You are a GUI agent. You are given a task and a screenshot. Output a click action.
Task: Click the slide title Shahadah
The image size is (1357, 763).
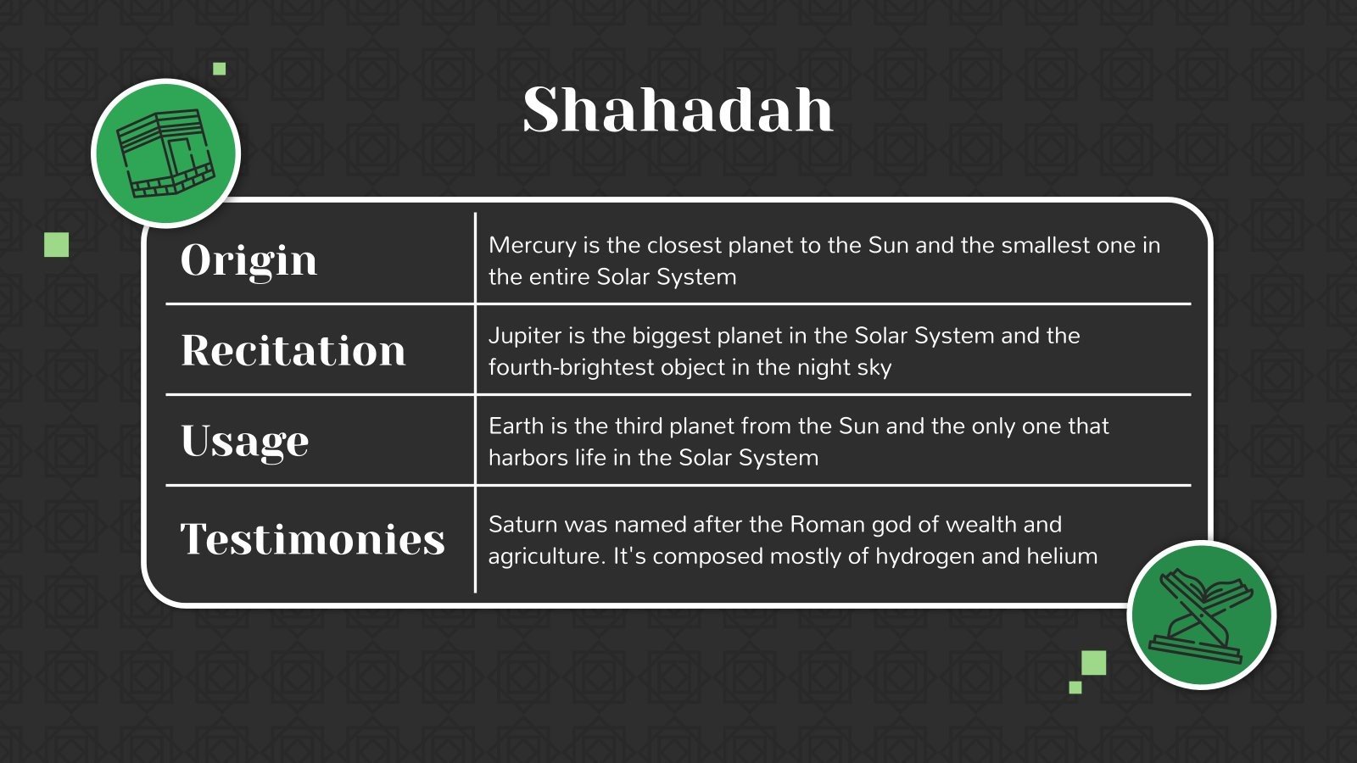tap(678, 110)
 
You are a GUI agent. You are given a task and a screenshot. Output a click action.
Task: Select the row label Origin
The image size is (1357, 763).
tap(249, 259)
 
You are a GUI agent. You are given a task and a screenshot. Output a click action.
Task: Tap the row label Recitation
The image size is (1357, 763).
tap(293, 350)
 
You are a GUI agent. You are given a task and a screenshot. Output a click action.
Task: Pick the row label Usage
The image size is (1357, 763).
tap(244, 441)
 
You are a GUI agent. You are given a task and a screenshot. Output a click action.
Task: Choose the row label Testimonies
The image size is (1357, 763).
tap(312, 539)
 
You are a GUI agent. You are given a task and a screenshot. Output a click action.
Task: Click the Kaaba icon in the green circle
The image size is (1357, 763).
tap(166, 153)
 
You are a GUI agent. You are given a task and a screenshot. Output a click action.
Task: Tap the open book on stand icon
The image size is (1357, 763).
tap(1201, 615)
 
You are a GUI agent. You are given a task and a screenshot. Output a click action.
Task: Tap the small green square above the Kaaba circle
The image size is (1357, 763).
tap(220, 69)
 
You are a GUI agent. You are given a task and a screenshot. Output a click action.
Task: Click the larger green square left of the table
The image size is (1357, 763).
tap(57, 245)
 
